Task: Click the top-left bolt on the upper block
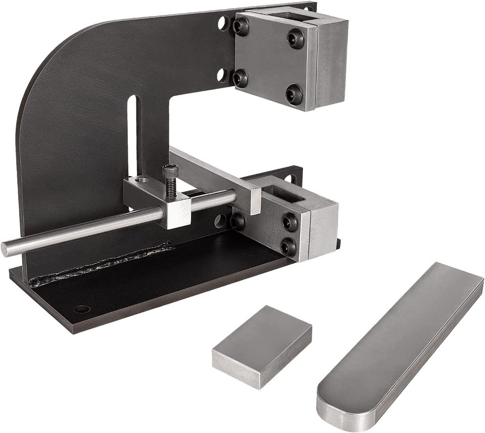240,26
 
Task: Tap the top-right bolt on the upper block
296,38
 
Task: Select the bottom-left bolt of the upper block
240,78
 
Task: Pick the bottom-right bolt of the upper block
294,94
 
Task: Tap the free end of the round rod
6,249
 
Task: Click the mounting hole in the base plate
82,309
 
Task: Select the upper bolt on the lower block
289,221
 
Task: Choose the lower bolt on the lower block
288,246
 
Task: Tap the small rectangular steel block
262,346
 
